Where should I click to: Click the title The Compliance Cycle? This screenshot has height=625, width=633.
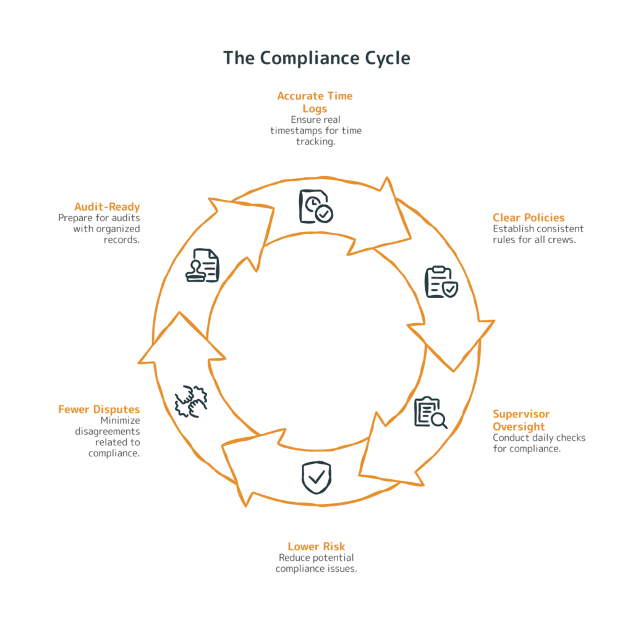[316, 58]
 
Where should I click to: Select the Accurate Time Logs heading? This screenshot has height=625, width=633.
[315, 102]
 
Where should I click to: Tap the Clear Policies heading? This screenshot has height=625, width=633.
[528, 217]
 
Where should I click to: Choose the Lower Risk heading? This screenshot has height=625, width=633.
[316, 546]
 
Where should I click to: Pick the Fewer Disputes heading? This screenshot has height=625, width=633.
[99, 409]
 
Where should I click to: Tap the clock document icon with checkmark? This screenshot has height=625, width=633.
[316, 206]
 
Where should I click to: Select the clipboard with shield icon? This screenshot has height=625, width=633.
[441, 282]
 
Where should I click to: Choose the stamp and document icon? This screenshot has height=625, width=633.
[203, 265]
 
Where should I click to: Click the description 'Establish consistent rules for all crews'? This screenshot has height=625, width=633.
[538, 234]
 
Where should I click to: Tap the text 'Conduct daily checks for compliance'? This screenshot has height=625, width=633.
[538, 443]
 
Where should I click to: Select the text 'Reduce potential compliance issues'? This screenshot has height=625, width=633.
[316, 563]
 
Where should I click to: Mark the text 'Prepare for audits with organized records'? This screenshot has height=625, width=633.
[100, 229]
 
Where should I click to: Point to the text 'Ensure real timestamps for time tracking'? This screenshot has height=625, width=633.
[315, 131]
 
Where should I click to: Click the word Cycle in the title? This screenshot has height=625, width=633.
[385, 58]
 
